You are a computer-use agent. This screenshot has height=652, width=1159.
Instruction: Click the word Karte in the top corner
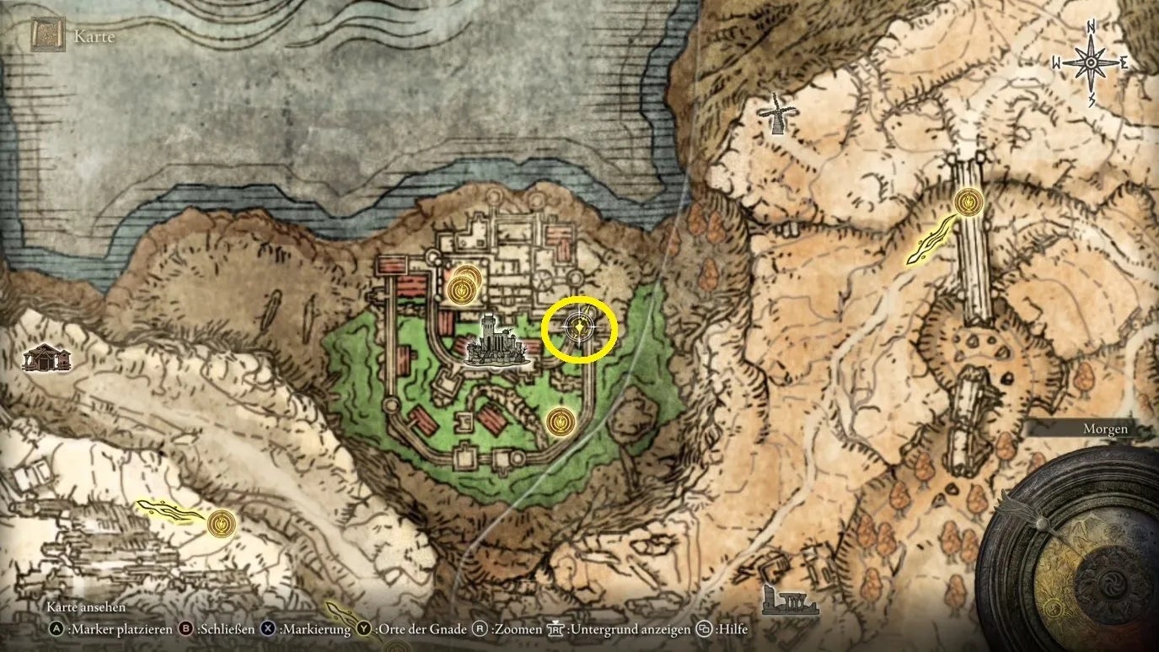[94, 36]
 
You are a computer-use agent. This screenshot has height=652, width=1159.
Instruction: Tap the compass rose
[1090, 63]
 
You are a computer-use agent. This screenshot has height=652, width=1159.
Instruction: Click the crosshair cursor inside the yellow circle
[579, 328]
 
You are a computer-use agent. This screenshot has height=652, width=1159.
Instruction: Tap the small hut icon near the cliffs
[47, 358]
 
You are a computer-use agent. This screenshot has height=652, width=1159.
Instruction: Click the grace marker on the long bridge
[969, 202]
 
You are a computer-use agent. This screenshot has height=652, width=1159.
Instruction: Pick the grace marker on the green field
[561, 421]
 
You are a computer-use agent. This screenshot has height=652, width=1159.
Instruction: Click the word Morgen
[1105, 429]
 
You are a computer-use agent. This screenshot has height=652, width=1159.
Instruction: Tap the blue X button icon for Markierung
[268, 629]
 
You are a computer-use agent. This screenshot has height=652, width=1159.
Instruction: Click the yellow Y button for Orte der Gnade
[363, 629]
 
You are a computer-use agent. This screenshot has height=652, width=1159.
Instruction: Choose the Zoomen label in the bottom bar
[517, 629]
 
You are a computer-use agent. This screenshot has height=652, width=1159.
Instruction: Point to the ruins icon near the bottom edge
[787, 600]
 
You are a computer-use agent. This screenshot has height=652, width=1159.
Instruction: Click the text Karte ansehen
[85, 607]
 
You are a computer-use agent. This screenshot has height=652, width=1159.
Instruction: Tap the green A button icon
[56, 629]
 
